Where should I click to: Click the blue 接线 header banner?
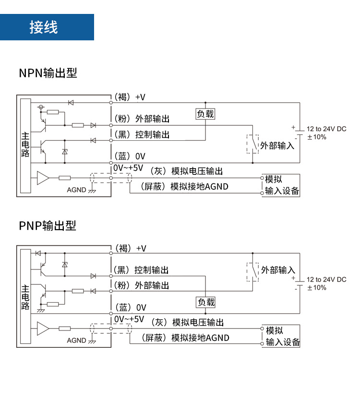click(47, 27)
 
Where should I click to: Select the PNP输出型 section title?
click(48, 225)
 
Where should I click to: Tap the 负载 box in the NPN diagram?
click(205, 114)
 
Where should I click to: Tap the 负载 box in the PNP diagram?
click(206, 302)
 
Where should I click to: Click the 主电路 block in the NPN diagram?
click(25, 145)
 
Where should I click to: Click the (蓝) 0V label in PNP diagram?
click(130, 307)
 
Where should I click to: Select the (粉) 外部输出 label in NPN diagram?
click(142, 119)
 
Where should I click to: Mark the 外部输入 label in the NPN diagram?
click(277, 146)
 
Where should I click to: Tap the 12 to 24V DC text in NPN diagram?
click(326, 129)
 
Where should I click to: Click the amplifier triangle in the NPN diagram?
click(43, 178)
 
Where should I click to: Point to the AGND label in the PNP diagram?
click(77, 341)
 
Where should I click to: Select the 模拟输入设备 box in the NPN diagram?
click(281, 185)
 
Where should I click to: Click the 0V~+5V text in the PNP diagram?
click(129, 319)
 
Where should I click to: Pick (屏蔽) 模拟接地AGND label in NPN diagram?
click(184, 186)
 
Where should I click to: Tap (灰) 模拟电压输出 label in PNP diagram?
click(187, 322)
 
